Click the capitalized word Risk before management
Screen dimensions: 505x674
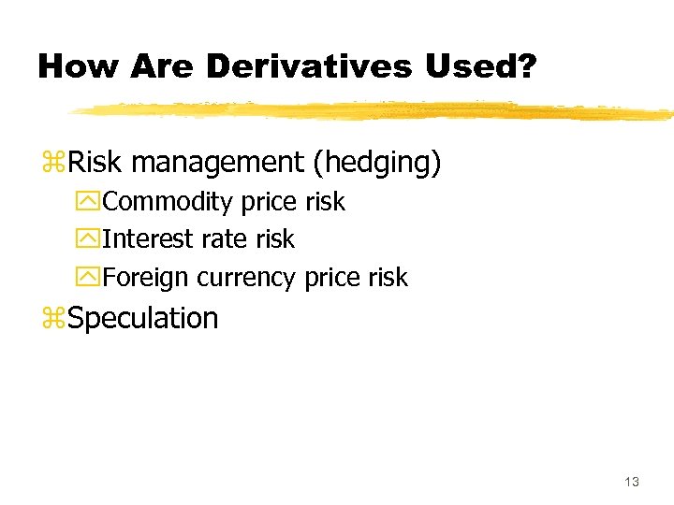tap(95, 163)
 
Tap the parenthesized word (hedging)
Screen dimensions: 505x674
tap(376, 164)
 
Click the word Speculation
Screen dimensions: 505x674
tap(143, 319)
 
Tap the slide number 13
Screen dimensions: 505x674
tap(631, 482)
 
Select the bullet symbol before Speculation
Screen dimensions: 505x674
tap(53, 320)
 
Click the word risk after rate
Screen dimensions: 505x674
tap(274, 239)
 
